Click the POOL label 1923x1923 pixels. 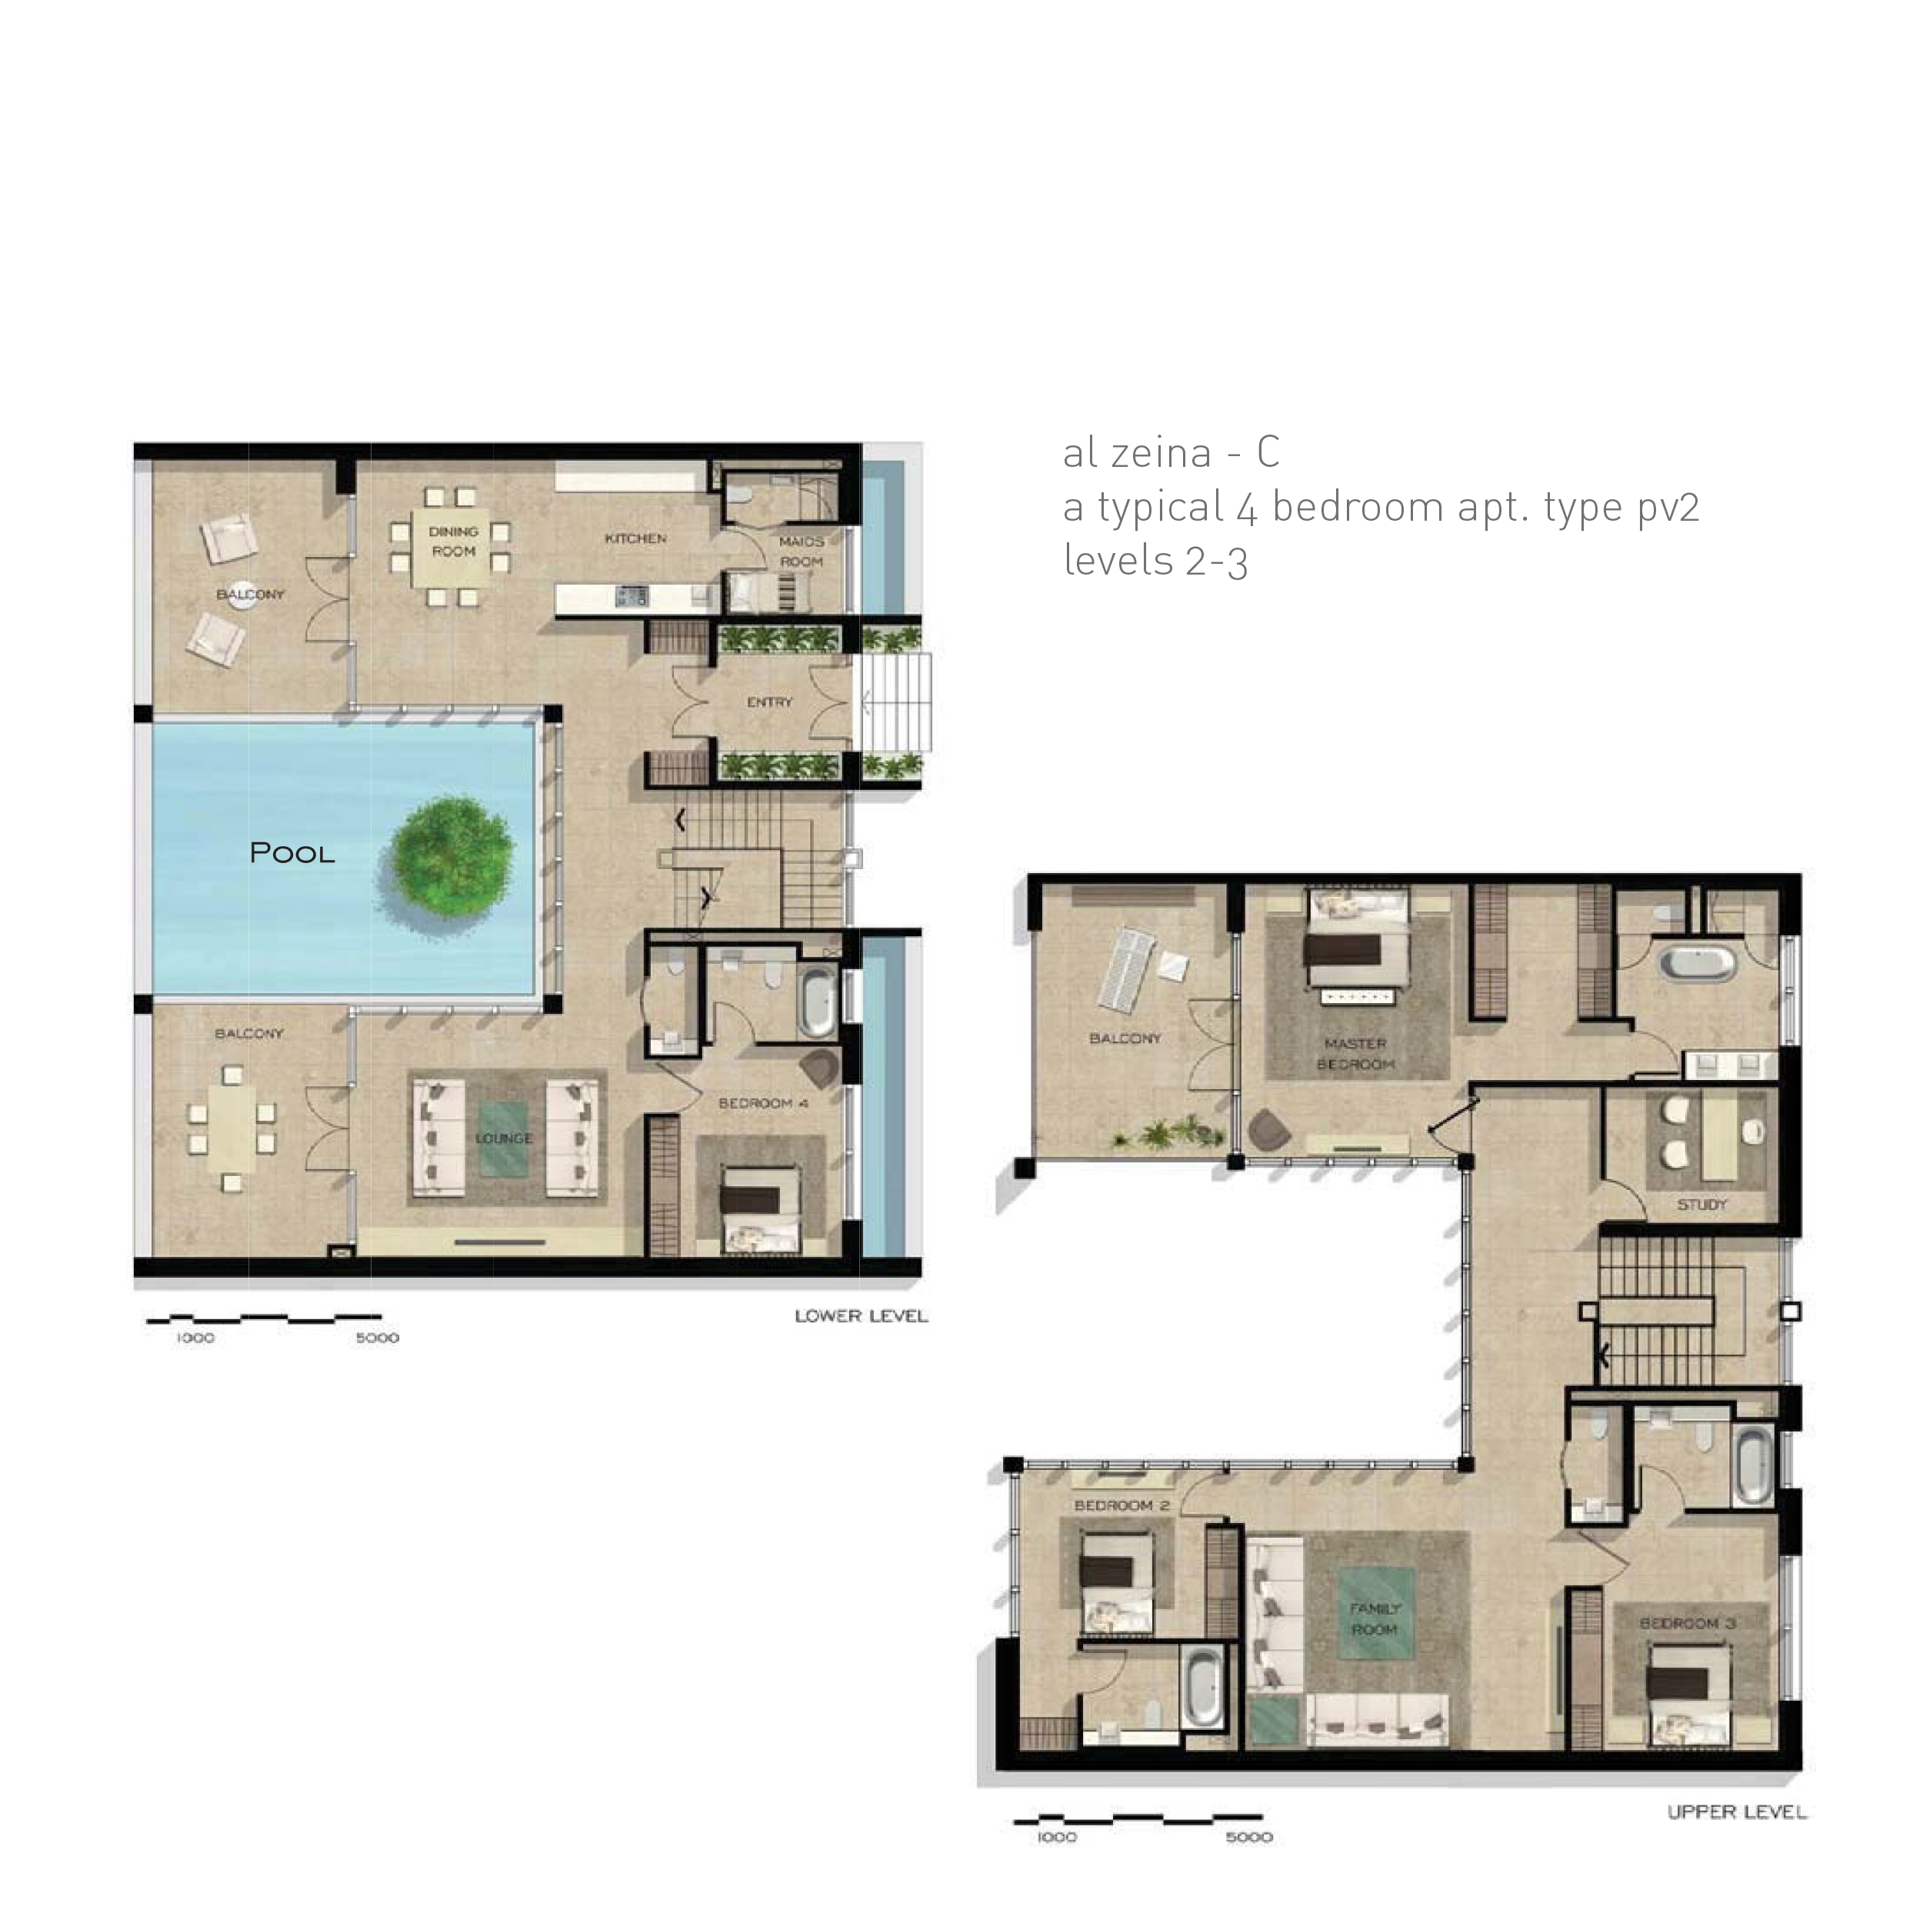coord(292,853)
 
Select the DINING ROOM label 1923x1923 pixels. coord(454,542)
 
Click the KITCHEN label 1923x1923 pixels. coord(635,538)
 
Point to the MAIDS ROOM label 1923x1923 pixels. coord(802,552)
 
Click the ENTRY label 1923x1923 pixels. coord(769,702)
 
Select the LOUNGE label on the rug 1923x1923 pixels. coord(504,1138)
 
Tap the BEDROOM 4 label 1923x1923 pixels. coord(763,1103)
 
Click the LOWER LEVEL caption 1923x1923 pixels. coord(861,1316)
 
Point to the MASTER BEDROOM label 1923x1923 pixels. coord(1355,1054)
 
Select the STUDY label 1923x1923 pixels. coord(1702,1205)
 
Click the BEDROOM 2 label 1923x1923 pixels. coord(1121,1506)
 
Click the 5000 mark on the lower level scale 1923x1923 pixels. coord(377,1338)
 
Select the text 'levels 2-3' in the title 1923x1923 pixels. coord(1155,561)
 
